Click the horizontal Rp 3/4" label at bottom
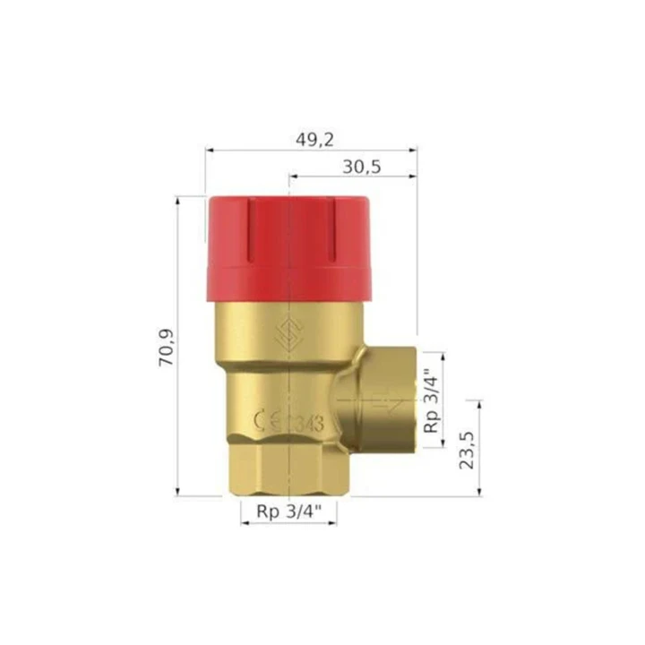click(288, 512)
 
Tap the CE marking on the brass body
click(269, 421)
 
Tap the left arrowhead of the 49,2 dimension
click(209, 150)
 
